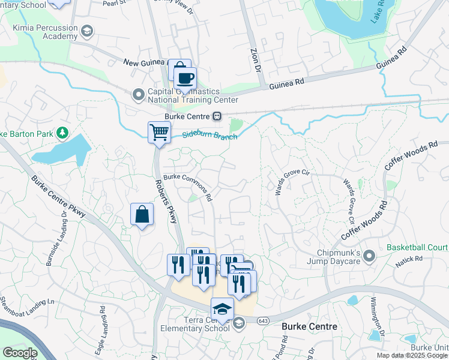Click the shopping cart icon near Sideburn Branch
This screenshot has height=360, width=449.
159,131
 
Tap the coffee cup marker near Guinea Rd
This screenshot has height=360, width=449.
185,77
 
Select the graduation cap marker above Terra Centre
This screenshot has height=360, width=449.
222,308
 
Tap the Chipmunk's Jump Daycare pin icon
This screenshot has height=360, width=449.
369,256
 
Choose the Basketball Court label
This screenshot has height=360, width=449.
417,247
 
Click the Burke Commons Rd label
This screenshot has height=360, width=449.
188,185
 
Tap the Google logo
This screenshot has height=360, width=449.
20,353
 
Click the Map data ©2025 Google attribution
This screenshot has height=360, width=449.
411,355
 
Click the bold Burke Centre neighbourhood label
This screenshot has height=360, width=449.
310,326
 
